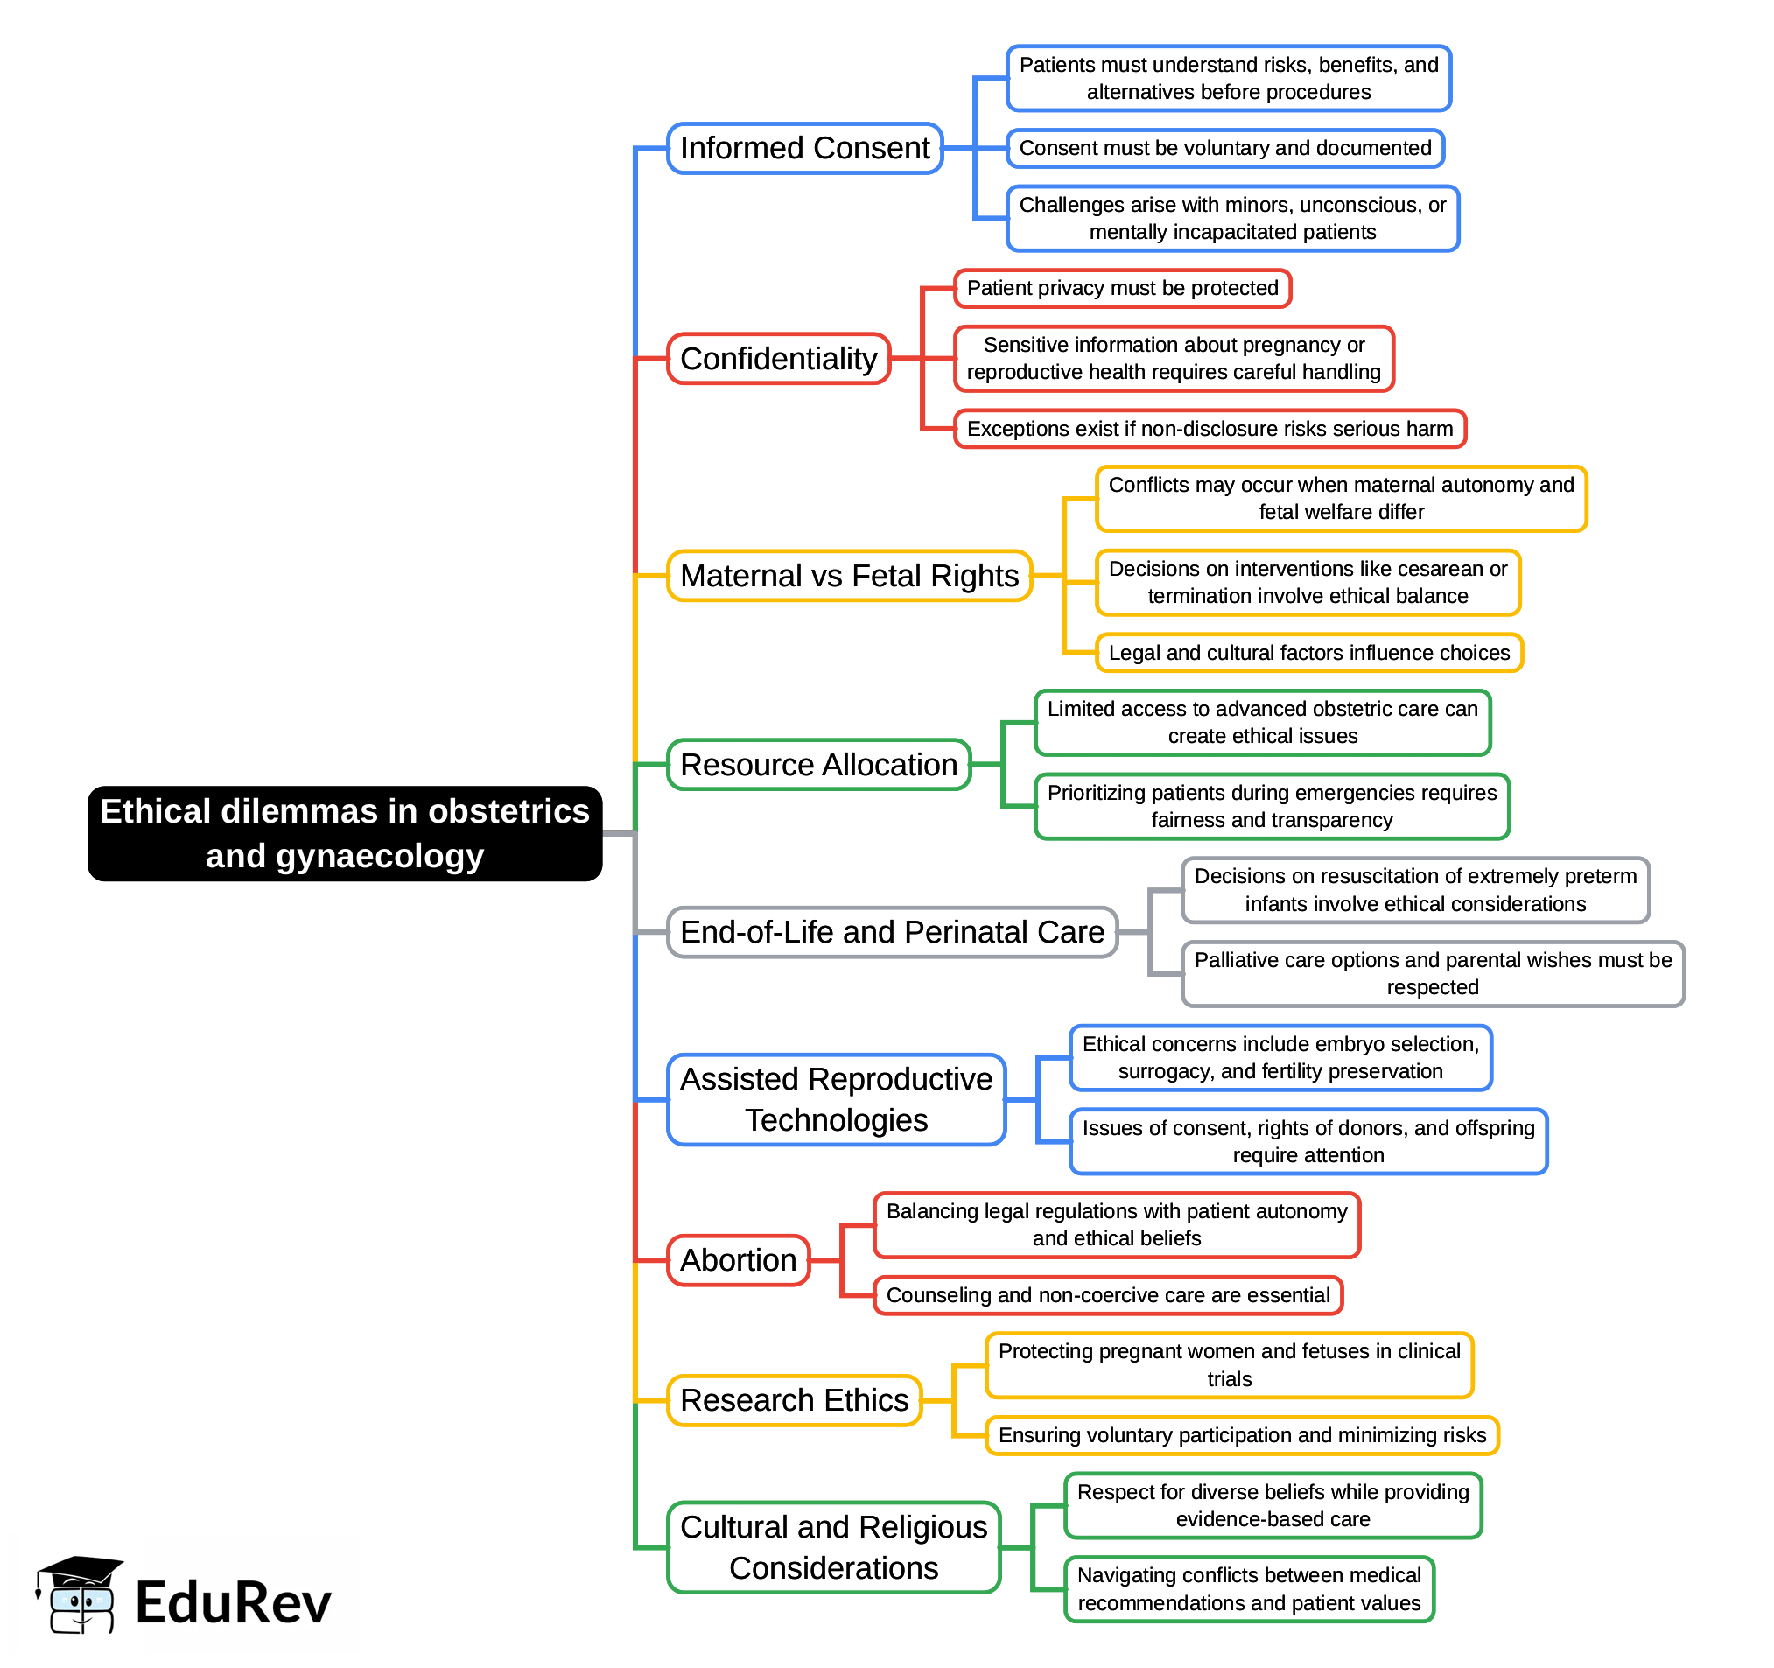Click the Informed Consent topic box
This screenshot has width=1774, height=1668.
804,148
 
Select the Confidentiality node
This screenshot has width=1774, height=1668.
778,359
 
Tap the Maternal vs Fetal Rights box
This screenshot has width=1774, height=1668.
849,576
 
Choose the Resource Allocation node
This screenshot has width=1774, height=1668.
818,765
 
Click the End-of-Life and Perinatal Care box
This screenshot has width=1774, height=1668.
892,932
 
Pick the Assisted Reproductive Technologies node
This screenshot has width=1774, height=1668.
836,1099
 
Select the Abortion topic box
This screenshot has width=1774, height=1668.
738,1260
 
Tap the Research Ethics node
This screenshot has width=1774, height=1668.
794,1400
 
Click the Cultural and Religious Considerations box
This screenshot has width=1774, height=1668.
833,1547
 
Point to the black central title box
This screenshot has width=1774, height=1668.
345,833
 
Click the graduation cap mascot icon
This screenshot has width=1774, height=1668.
79,1594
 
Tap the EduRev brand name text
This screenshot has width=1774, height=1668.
233,1603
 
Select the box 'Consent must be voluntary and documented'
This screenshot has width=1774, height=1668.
1224,148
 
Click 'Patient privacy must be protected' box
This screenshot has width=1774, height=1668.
1122,288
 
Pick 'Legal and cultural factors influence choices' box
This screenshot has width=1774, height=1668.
1308,652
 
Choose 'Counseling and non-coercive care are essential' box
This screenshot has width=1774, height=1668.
1107,1295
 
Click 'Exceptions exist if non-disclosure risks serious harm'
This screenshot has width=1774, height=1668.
1210,429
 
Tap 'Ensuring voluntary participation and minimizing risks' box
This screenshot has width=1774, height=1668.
1241,1435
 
